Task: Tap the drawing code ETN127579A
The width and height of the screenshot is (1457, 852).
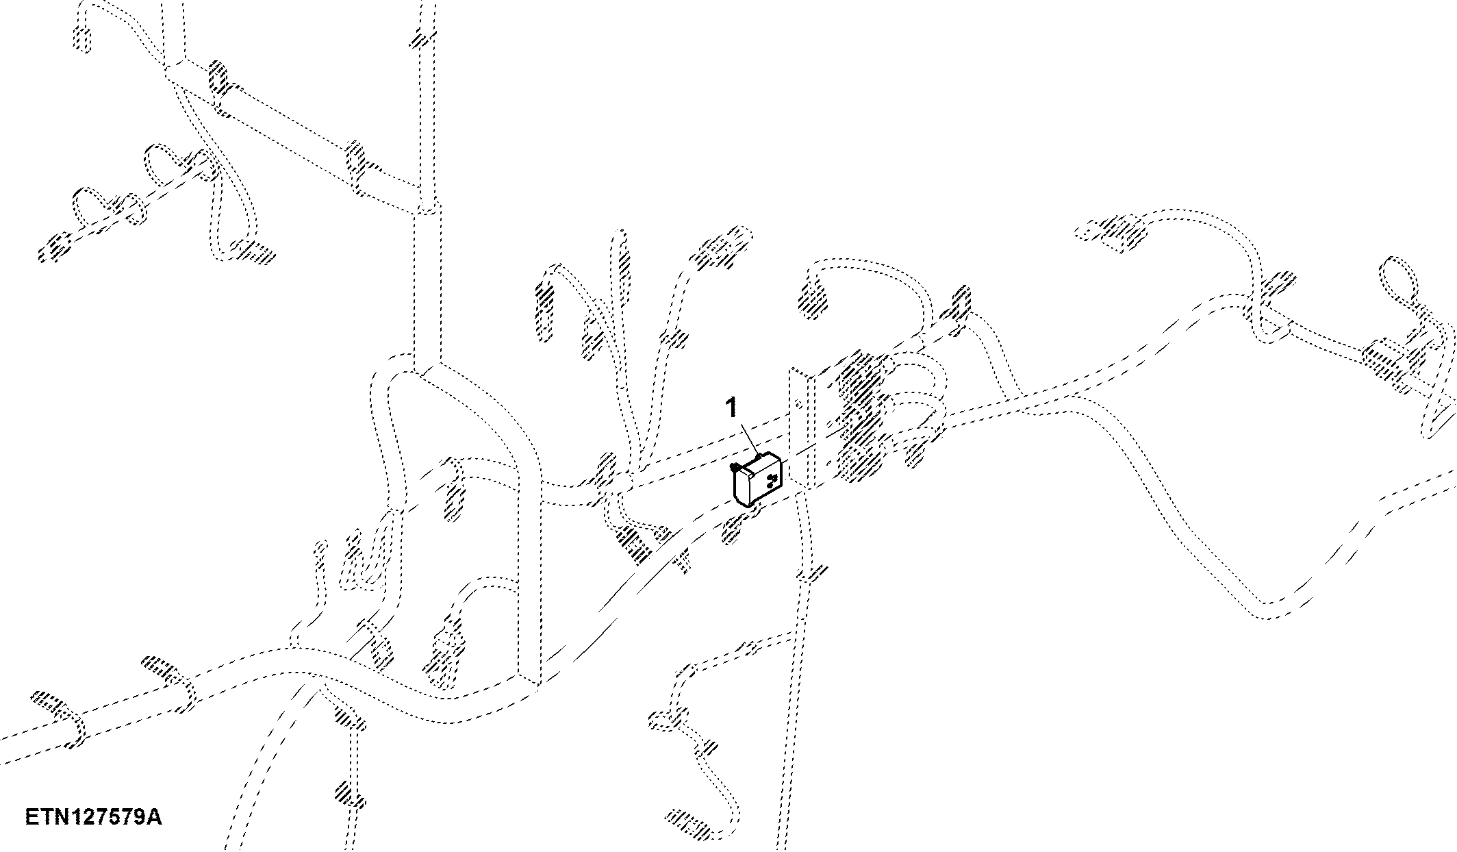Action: [94, 817]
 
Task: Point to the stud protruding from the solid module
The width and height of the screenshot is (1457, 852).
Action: [735, 468]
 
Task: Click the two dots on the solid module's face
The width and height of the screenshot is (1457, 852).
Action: [772, 480]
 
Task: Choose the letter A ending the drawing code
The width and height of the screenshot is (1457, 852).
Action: [155, 817]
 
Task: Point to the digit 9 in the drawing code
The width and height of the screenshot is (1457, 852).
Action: [140, 817]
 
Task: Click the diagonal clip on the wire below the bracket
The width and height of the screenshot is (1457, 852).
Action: [811, 573]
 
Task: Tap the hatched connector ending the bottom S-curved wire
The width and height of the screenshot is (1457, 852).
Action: [689, 821]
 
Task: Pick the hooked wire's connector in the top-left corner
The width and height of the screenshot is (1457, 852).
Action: [81, 37]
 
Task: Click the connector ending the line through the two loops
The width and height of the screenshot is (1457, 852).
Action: [55, 247]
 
